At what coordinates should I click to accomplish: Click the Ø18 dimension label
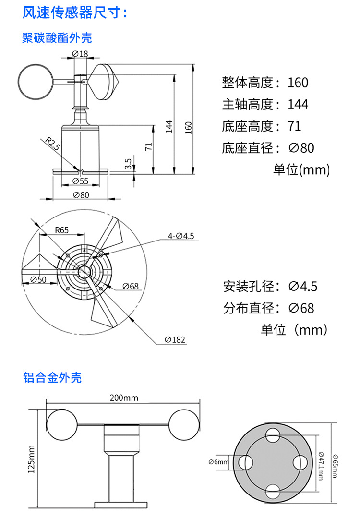80,54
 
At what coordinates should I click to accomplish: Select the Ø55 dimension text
80,181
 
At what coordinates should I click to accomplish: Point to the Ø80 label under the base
81,195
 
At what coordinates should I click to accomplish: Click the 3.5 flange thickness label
128,164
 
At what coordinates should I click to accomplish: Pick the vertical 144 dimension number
169,126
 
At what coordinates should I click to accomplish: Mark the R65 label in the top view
61,230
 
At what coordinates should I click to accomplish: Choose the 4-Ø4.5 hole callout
180,236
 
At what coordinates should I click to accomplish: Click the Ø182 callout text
175,339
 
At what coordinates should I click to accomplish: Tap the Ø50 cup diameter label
38,279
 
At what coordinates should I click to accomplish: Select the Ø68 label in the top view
130,287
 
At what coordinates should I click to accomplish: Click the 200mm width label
123,398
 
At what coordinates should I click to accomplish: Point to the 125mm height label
32,459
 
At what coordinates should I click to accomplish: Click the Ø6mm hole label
219,461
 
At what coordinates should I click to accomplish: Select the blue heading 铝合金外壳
52,377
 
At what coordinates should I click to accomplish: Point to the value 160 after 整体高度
298,83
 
